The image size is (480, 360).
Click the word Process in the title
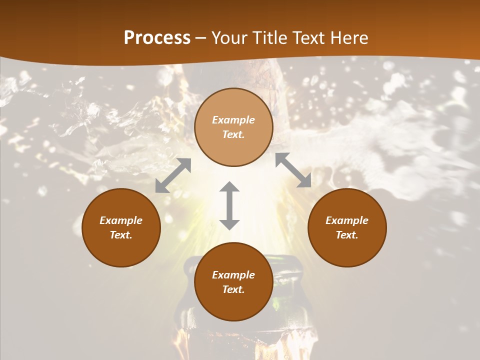tap(157, 38)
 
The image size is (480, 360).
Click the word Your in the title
tap(229, 38)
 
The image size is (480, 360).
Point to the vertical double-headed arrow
tap(229, 205)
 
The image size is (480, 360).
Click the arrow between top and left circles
tap(173, 175)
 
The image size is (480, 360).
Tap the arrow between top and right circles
tap(293, 170)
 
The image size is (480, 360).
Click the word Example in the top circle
tap(233, 120)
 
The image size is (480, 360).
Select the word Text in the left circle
tap(121, 235)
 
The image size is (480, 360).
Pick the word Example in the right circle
tap(347, 220)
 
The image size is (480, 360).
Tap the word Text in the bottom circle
tap(233, 289)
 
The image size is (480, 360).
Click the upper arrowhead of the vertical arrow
tap(229, 187)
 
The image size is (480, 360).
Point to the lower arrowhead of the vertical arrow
tap(229, 224)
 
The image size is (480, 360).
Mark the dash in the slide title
tap(201, 38)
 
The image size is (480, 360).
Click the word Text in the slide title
tap(307, 38)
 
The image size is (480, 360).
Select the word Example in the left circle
tap(121, 220)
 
